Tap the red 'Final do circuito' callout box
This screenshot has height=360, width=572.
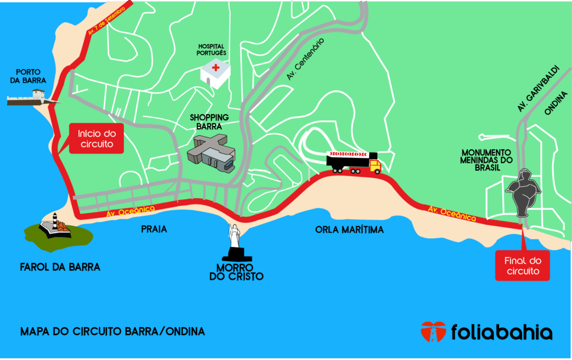click(522, 266)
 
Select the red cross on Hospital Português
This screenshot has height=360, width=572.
click(216, 68)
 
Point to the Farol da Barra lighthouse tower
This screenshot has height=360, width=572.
click(55, 220)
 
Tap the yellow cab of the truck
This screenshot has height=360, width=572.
click(374, 165)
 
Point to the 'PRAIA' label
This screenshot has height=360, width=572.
click(154, 229)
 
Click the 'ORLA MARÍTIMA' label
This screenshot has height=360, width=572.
click(349, 230)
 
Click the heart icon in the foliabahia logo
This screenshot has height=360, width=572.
click(433, 331)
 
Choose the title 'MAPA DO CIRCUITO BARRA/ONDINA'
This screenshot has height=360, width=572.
click(112, 331)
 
